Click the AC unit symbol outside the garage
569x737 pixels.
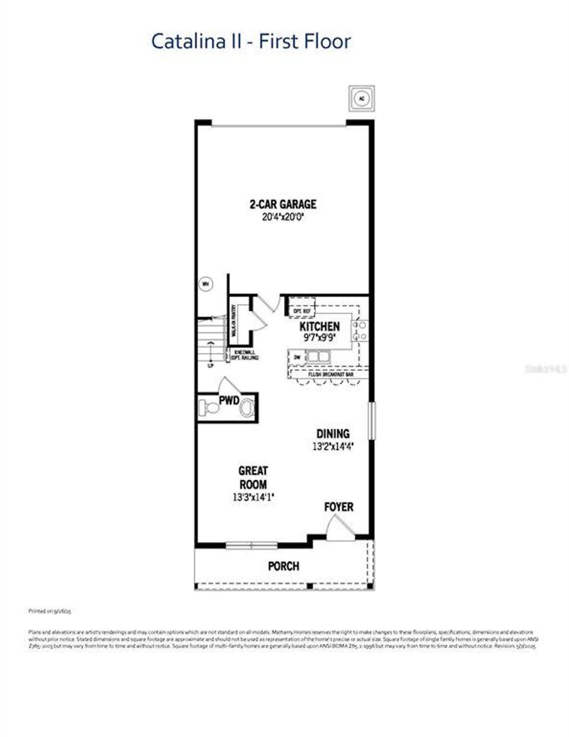click(361, 98)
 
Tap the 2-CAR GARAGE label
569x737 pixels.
click(283, 204)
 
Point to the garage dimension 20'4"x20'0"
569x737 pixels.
click(283, 217)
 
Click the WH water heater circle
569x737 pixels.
click(206, 284)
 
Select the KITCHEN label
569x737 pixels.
click(320, 326)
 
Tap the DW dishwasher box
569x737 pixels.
click(297, 357)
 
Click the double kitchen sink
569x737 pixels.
click(317, 356)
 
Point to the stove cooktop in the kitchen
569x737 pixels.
click(360, 331)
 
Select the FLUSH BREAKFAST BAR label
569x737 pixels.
click(331, 374)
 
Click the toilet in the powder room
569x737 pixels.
click(209, 407)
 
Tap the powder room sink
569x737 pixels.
click(247, 407)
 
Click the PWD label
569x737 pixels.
click(229, 400)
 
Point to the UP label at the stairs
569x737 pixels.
click(211, 366)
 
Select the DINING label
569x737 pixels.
click(333, 433)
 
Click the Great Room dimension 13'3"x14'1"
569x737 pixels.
click(253, 497)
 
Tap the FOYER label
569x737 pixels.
click(339, 507)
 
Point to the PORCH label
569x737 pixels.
click(284, 566)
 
